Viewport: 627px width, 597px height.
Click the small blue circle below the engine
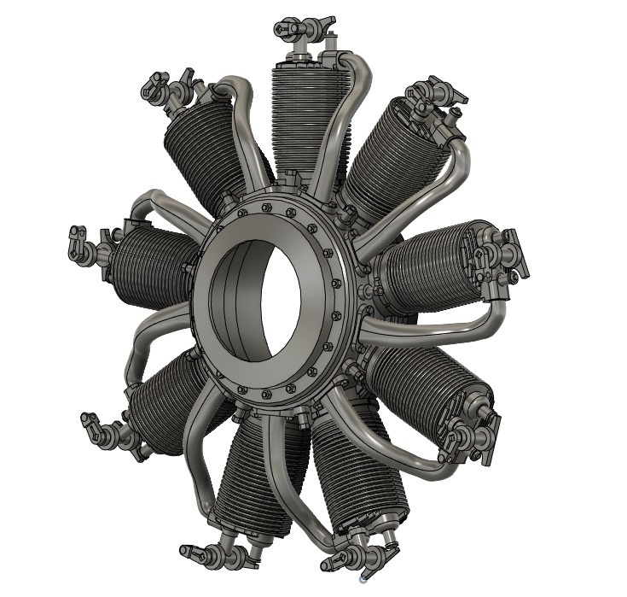pos(363,579)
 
